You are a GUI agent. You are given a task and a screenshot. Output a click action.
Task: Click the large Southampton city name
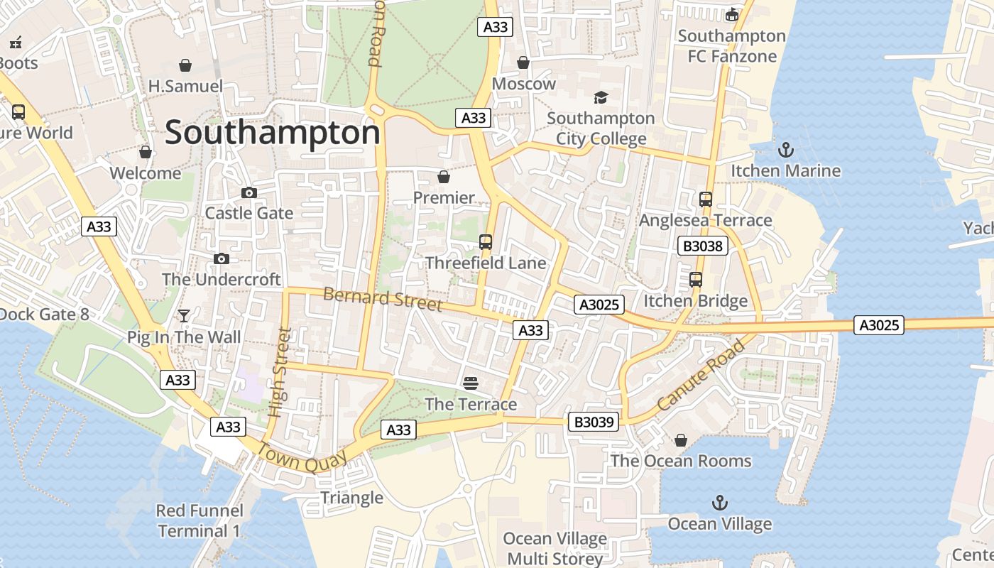273,133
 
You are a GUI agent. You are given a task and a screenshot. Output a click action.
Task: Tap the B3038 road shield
703,246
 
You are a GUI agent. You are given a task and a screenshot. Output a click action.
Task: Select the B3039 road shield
594,422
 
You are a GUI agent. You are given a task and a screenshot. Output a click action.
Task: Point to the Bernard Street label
383,299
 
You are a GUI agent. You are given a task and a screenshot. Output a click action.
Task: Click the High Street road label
280,371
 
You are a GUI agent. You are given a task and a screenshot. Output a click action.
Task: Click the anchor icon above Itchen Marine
785,150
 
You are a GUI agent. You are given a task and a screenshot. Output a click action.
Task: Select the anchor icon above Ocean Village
720,503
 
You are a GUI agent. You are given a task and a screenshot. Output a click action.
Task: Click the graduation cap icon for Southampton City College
601,97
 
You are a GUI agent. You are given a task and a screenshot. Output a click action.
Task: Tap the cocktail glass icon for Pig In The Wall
185,316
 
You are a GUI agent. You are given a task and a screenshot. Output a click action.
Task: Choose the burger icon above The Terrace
470,383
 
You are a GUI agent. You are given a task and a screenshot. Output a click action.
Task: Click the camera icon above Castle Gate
249,192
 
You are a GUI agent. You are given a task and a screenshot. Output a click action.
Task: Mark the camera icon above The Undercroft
222,258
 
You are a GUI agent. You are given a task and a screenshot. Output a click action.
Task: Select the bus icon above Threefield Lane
486,242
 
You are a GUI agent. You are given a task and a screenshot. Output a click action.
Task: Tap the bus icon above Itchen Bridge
696,280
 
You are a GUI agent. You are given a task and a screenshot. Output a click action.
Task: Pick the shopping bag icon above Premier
444,177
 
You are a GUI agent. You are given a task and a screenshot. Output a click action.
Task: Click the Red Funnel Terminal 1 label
200,520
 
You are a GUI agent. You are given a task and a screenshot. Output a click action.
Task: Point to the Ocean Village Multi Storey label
555,548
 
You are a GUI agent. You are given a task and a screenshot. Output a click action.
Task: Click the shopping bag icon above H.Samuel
185,66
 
